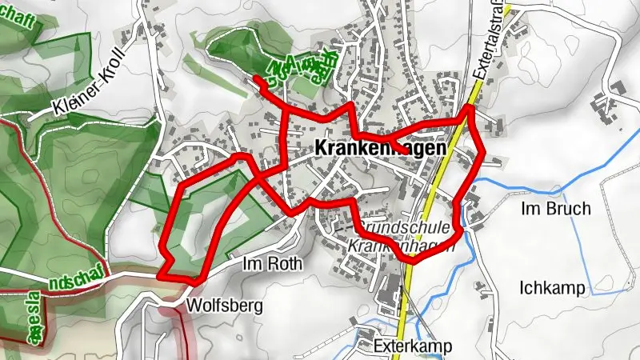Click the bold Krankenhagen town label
coord(380,148)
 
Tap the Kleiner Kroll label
coord(89,94)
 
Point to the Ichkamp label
coord(552,287)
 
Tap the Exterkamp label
coord(413,346)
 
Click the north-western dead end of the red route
coord(255,78)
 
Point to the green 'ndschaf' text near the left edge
coord(69,282)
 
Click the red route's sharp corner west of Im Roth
coord(162,274)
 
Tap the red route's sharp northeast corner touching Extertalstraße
coord(470,106)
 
